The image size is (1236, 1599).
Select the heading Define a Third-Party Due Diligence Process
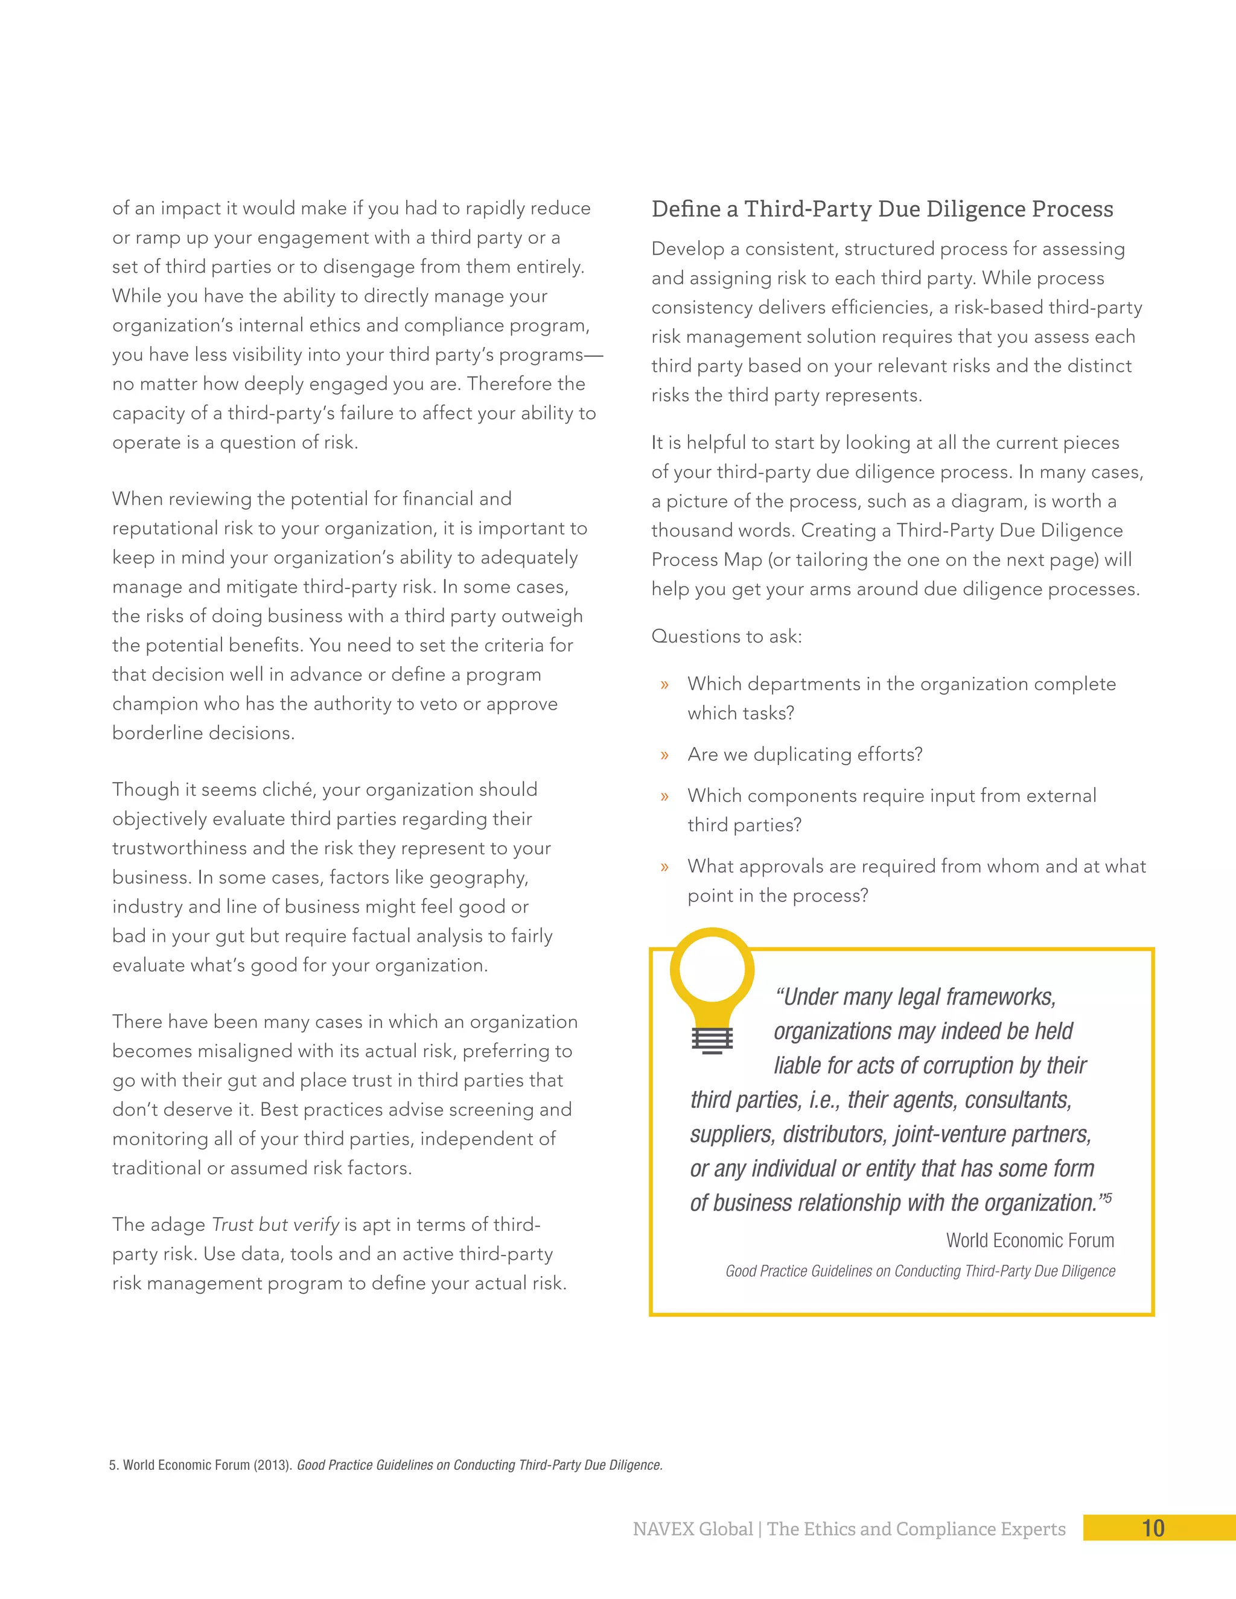[x=882, y=209]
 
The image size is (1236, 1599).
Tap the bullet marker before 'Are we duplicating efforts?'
[x=664, y=755]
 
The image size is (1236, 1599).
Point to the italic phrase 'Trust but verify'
[x=275, y=1225]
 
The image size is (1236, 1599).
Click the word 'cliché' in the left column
[x=288, y=790]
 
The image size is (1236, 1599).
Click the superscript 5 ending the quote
[x=1108, y=1198]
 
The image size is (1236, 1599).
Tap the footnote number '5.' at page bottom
[x=114, y=1465]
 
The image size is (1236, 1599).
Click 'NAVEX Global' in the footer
[x=692, y=1530]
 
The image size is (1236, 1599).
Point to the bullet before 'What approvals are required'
[x=664, y=868]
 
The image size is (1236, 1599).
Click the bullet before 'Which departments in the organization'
[x=664, y=685]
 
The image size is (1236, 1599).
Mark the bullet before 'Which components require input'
[x=664, y=796]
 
